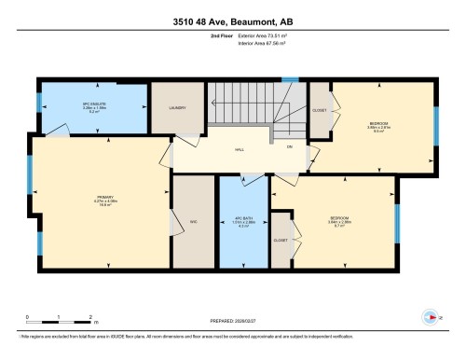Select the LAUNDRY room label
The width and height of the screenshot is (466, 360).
[x=179, y=108]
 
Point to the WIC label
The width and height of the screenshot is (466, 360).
[x=195, y=221]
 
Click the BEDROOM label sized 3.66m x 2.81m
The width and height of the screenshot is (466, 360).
[x=378, y=125]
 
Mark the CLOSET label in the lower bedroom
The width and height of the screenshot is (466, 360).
[x=281, y=240]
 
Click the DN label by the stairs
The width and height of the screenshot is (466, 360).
[x=290, y=146]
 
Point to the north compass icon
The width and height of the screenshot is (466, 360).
[x=431, y=315]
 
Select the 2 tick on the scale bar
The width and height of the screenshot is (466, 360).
[x=89, y=318]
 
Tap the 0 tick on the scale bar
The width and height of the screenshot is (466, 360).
[x=28, y=318]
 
